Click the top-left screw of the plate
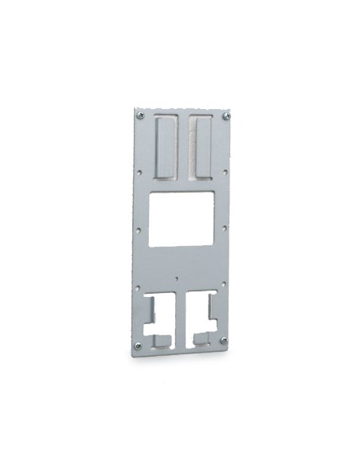click(x=141, y=115)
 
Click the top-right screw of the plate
click(x=226, y=116)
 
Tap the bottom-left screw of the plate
click(x=139, y=345)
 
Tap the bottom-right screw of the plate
click(x=223, y=340)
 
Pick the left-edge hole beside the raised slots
click(x=140, y=170)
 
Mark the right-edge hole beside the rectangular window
click(x=225, y=228)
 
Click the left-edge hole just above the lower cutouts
click(x=139, y=287)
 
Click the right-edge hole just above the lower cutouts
click(x=224, y=285)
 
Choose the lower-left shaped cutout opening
click(x=159, y=315)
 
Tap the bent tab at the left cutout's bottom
click(x=162, y=340)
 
